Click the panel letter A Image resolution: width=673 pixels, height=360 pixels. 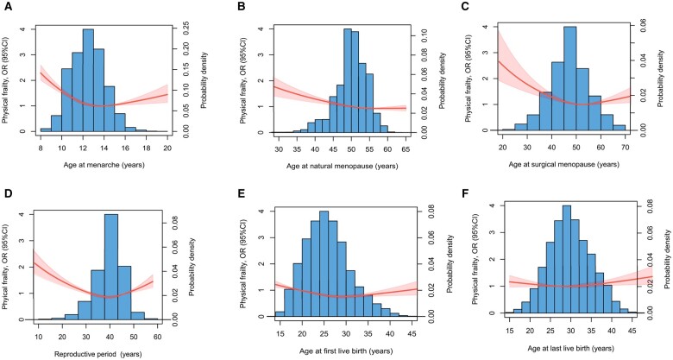[8, 6]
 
